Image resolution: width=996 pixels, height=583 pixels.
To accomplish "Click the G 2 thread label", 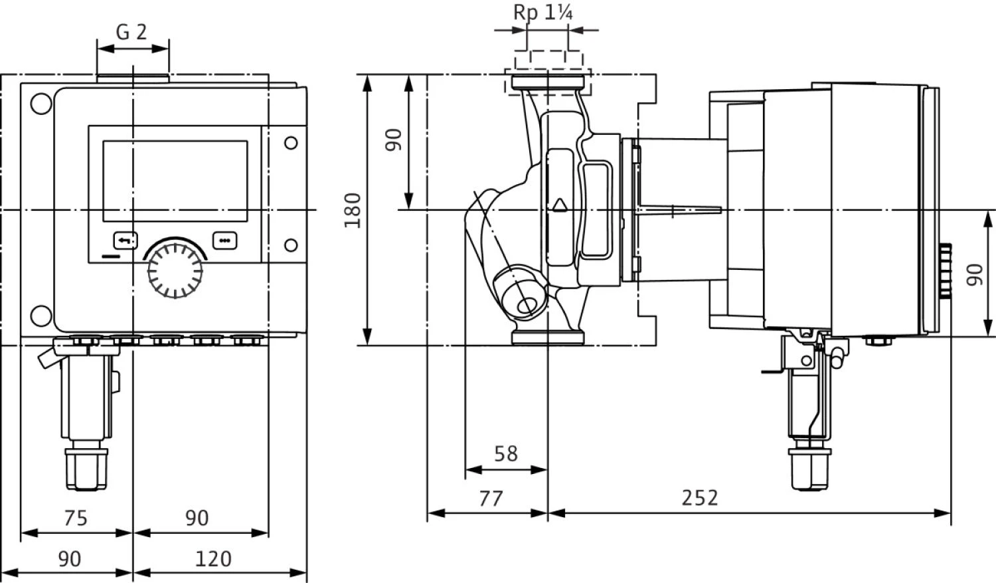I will pos(131,31).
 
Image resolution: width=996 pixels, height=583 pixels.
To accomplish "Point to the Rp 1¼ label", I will pos(543,13).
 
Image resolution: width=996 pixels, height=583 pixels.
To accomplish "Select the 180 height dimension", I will pos(353,210).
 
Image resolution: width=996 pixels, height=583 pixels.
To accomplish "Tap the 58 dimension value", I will pos(505,454).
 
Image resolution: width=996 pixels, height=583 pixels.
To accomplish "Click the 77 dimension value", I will pos(491,498).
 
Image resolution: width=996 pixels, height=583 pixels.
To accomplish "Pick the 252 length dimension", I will pos(700,498).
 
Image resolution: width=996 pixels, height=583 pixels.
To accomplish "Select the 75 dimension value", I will pos(75,518).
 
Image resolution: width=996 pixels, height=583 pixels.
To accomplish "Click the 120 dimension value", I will pos(213,559).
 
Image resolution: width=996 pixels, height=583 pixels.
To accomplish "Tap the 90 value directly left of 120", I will pos(69,559).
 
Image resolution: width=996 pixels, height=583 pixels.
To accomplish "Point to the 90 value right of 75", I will pos(197,518).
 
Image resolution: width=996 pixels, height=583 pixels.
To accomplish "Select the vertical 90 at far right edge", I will pos(974,275).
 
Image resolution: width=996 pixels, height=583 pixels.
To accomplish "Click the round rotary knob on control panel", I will pos(175,269).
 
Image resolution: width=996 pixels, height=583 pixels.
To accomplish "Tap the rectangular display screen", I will pos(175,181).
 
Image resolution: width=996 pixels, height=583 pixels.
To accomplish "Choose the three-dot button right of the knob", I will pos(224,239).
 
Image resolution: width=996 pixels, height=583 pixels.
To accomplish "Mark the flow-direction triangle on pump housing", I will pos(559,204).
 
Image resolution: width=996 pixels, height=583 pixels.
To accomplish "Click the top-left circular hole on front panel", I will pos(41,104).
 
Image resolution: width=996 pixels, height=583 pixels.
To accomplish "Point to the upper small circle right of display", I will pos(291,142).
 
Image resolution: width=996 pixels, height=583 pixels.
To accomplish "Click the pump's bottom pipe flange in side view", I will pos(548,338).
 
